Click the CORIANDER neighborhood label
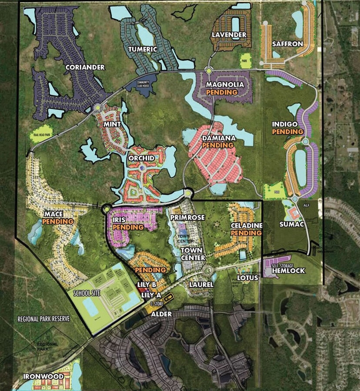[x=85, y=67]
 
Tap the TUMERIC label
[x=142, y=49]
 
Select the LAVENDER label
[x=229, y=35]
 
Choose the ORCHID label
[x=141, y=158]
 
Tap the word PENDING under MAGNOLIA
[x=222, y=93]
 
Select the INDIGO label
[x=285, y=124]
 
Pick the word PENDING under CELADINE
[x=246, y=233]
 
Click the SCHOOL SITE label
[x=87, y=293]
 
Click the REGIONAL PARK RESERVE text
[x=44, y=318]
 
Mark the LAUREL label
[x=201, y=285]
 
